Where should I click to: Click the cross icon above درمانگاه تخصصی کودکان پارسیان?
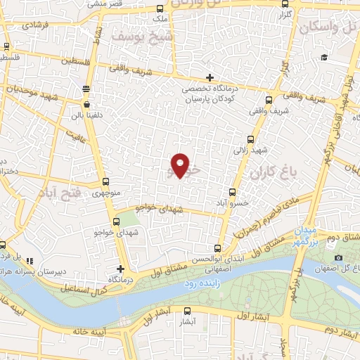(x=210, y=77)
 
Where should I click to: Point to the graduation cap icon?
(x=323, y=58)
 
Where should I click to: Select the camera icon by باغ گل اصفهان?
(x=340, y=258)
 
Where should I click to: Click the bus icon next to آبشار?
(x=187, y=311)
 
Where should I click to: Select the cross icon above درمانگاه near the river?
(x=121, y=268)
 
